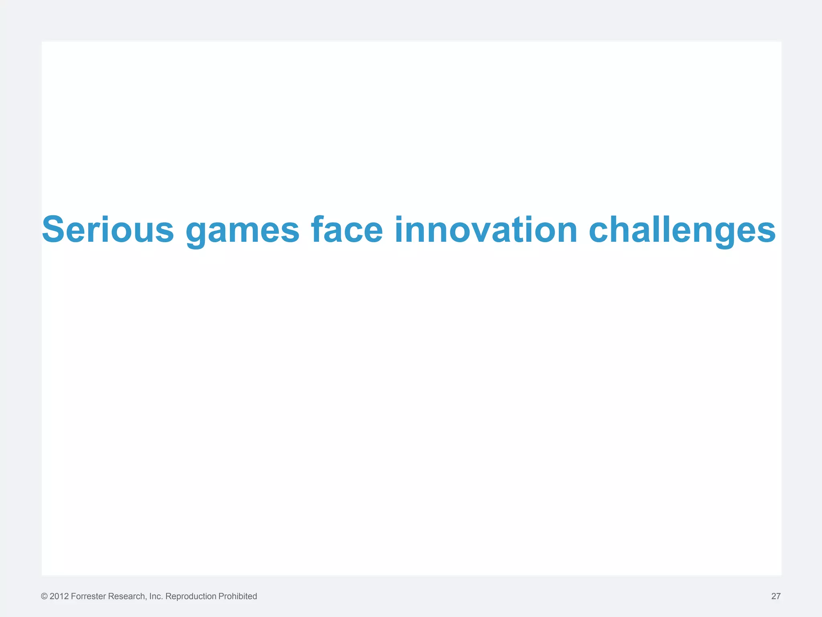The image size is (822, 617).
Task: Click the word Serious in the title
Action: click(x=108, y=230)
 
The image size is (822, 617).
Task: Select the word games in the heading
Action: click(x=242, y=231)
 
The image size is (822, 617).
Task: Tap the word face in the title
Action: click(x=347, y=230)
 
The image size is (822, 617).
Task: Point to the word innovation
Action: click(x=486, y=230)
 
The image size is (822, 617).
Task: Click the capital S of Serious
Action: click(x=53, y=230)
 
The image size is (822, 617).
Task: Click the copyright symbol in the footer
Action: click(x=44, y=597)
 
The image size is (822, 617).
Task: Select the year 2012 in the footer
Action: click(x=59, y=597)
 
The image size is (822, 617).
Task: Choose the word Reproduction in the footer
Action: click(x=191, y=597)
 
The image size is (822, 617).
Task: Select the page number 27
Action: click(x=776, y=597)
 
